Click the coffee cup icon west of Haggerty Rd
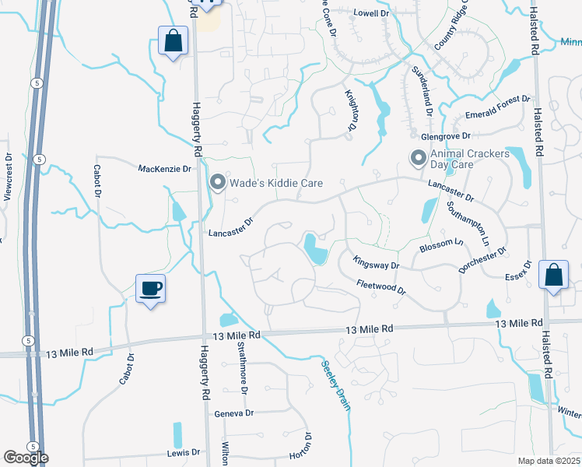click(151, 289)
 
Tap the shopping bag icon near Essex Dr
click(553, 276)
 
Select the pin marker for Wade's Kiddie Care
click(218, 182)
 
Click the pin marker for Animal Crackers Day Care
click(419, 159)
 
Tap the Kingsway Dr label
click(376, 263)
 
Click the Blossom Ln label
click(441, 244)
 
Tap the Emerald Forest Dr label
click(497, 110)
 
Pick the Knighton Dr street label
click(351, 111)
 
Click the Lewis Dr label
click(184, 452)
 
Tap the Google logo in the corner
click(25, 458)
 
